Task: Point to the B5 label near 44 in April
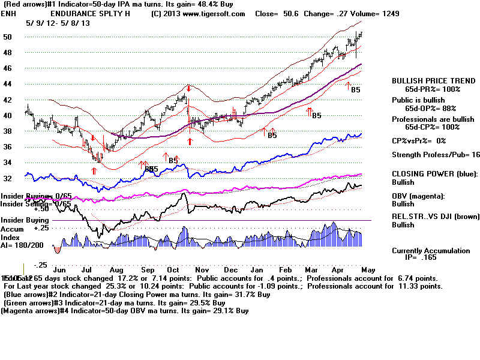click(x=355, y=89)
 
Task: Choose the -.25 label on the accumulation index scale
click(x=40, y=265)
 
